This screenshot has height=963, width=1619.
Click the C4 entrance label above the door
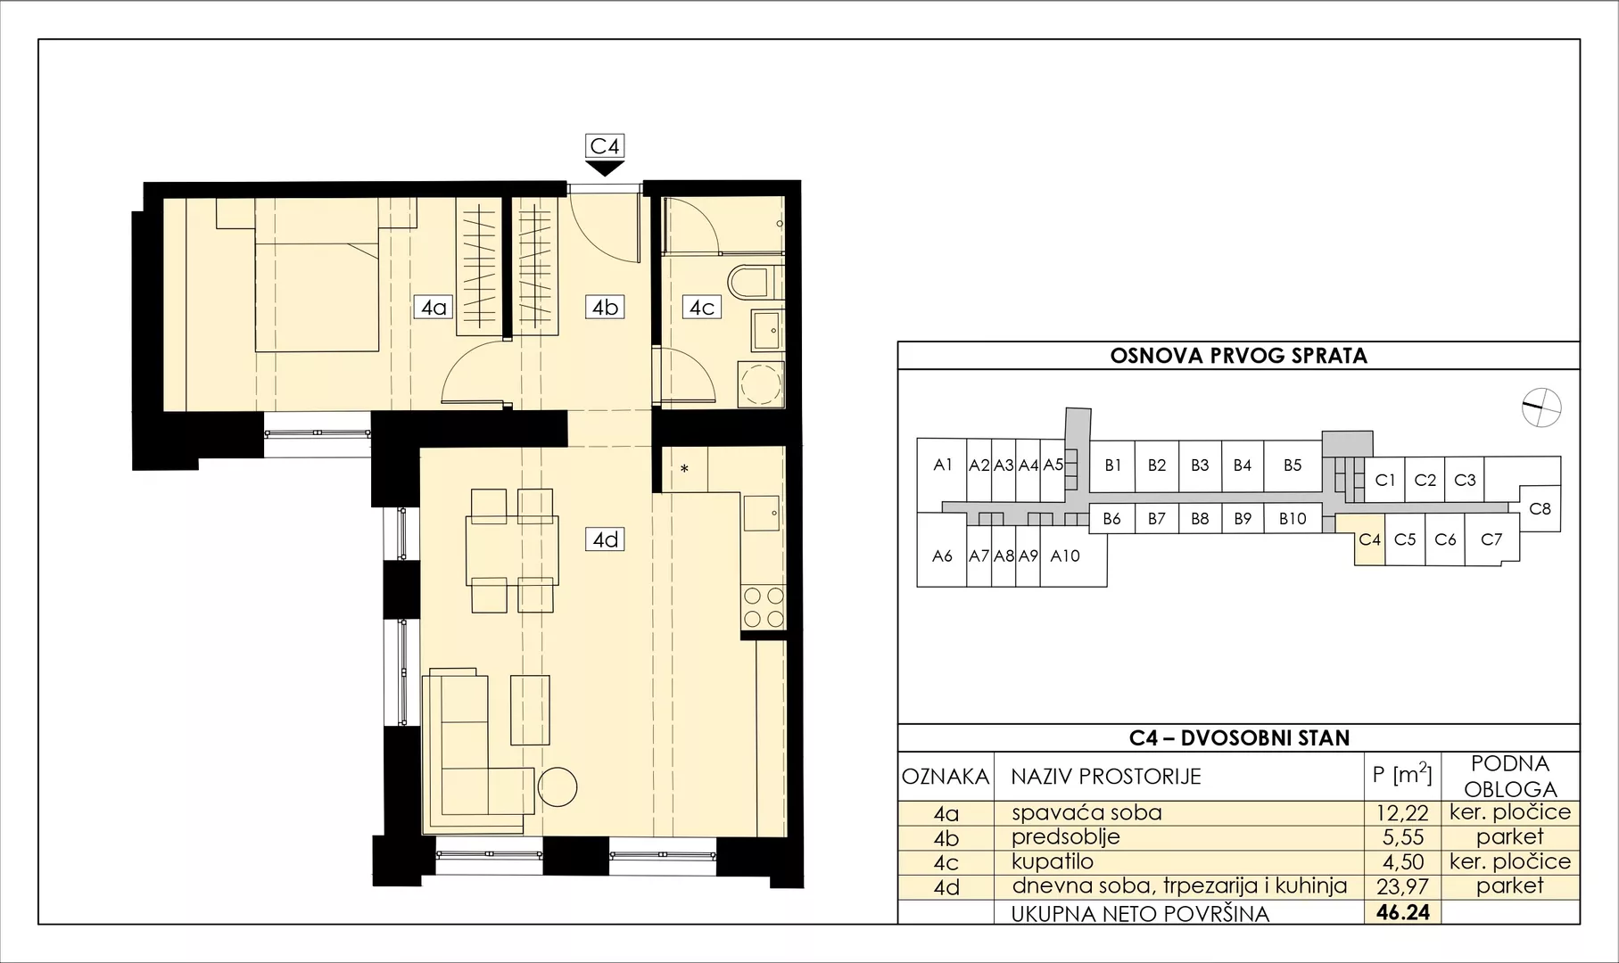point(604,145)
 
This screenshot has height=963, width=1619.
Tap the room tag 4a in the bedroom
point(434,308)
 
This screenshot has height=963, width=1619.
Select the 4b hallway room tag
point(605,308)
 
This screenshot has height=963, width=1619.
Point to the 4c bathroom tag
point(701,308)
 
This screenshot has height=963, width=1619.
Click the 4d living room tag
point(606,539)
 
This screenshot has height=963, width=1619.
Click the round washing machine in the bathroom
point(761,385)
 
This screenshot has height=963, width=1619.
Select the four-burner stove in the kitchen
point(764,608)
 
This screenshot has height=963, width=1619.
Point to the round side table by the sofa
point(558,787)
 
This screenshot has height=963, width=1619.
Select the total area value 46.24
point(1403,912)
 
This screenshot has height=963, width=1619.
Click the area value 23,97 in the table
point(1402,886)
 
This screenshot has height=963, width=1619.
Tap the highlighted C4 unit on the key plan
point(1369,539)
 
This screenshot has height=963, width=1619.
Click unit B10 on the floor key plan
point(1293,518)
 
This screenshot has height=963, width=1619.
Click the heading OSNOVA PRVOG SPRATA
point(1238,357)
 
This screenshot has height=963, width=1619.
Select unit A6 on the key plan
point(942,556)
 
